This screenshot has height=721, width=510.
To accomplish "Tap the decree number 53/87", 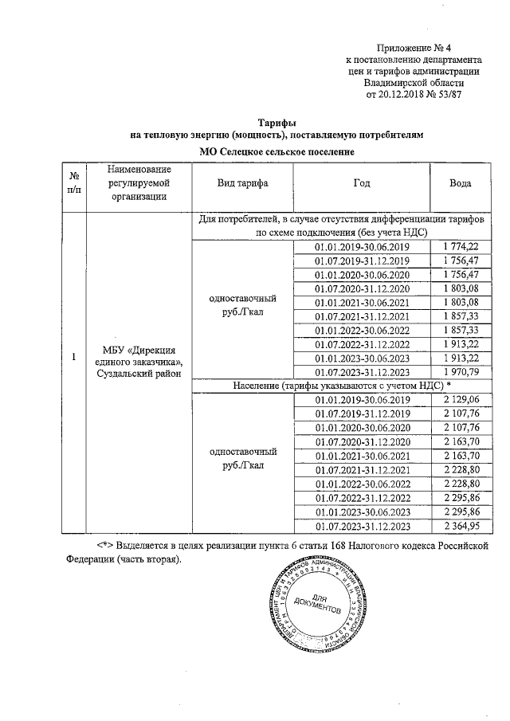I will tap(448, 93).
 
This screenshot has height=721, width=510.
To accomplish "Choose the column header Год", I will tap(362, 183).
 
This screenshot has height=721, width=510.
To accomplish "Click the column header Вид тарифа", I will tap(242, 183).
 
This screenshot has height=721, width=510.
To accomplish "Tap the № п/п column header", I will tap(73, 183).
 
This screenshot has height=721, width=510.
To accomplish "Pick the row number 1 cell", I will tap(73, 357).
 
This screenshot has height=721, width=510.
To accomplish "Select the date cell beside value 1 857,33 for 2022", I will tap(362, 330).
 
